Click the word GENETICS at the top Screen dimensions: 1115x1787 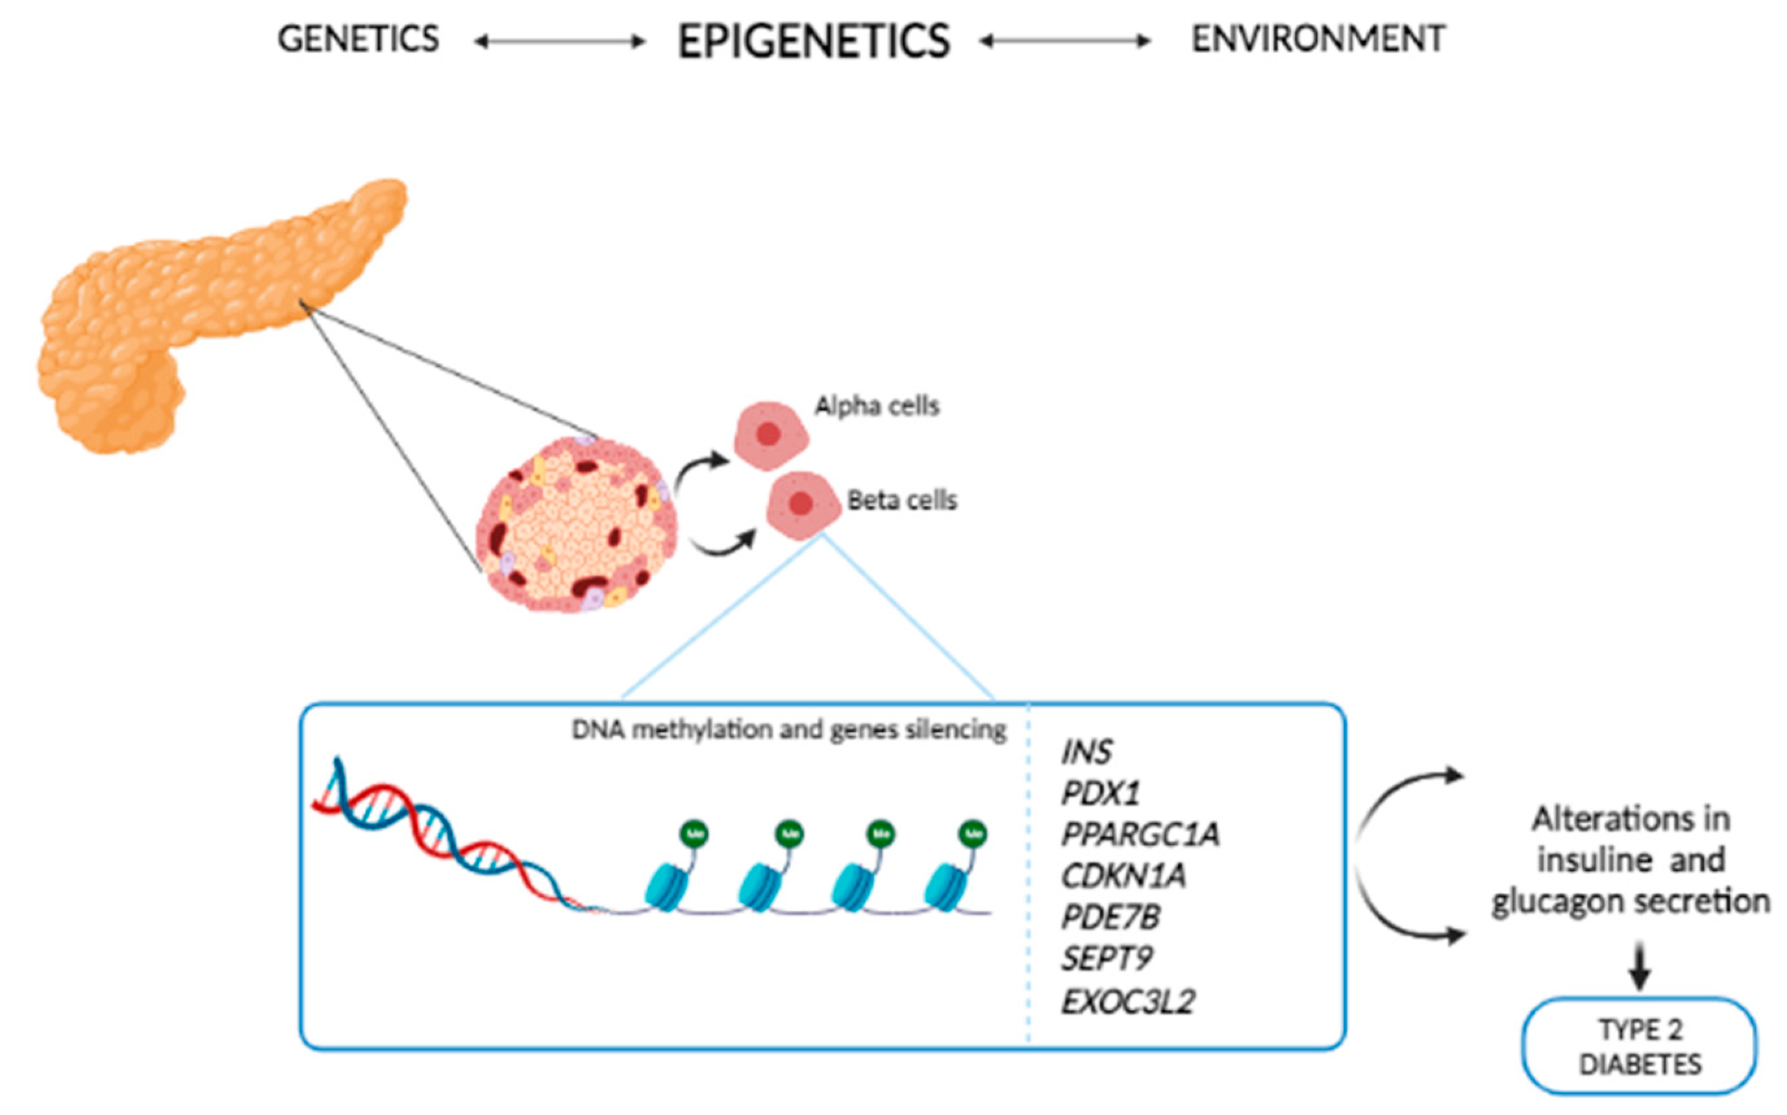(358, 39)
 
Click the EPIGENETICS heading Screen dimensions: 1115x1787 (814, 42)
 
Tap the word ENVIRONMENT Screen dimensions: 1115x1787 (1318, 39)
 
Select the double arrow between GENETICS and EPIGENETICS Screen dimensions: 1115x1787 (559, 42)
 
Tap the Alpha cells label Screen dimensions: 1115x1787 (877, 406)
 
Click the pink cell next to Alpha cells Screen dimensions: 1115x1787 (769, 436)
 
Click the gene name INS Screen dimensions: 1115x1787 (1086, 752)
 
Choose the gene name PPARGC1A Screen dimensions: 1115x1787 (1140, 834)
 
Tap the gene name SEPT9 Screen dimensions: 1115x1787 (1106, 958)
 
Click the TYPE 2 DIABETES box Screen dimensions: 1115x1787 (1640, 1046)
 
